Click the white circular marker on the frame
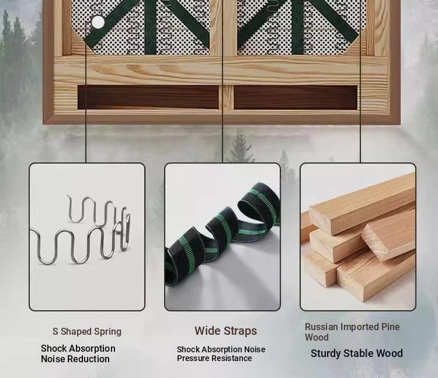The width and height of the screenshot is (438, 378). [x=98, y=22]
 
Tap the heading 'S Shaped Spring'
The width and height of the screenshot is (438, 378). [x=87, y=331]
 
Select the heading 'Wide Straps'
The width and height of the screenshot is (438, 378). [x=225, y=331]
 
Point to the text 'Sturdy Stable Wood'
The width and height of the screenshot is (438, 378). [x=357, y=353]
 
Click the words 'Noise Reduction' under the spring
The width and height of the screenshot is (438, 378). [x=75, y=359]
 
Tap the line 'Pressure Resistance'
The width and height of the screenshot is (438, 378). [x=214, y=358]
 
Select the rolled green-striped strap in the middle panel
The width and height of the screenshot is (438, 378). [x=222, y=235]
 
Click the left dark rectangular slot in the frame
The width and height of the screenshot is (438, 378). [x=148, y=97]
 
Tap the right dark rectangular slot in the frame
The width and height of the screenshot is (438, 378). [x=296, y=97]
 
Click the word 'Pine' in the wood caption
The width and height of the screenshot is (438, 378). [x=391, y=327]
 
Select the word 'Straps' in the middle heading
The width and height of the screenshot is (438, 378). [x=240, y=331]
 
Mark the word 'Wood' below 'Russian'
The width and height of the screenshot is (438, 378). [x=317, y=337]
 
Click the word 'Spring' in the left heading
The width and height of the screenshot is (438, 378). [x=107, y=332]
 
